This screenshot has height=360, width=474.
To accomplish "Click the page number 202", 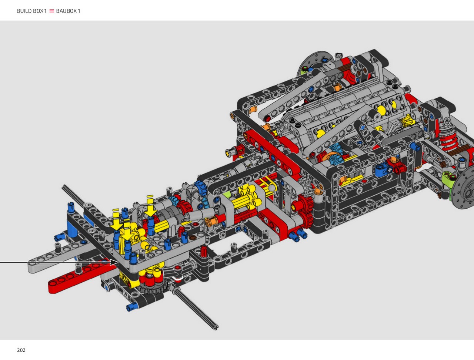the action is (21, 350).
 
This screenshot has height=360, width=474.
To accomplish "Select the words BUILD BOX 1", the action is (31, 11).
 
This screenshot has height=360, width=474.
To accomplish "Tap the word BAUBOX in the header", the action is (65, 11).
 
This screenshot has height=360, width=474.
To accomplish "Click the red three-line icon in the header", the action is (51, 11).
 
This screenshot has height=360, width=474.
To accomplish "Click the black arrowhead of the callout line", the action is (114, 262).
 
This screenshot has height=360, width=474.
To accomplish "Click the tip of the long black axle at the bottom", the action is (216, 328).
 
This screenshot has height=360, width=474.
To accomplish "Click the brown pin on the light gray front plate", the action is (193, 238).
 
